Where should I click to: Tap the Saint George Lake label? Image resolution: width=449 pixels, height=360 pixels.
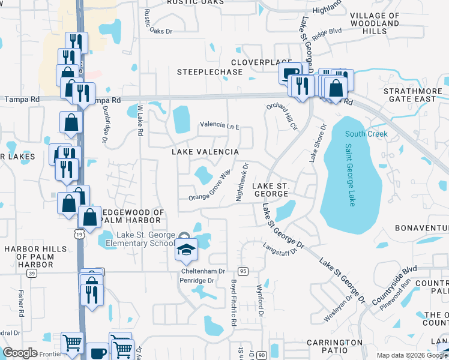pyautogui.click(x=350, y=175)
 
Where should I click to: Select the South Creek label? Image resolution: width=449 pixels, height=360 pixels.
pyautogui.click(x=366, y=134)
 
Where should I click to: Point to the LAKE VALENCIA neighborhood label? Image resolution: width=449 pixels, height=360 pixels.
pyautogui.click(x=205, y=152)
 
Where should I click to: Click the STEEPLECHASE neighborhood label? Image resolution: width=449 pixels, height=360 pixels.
pyautogui.click(x=209, y=72)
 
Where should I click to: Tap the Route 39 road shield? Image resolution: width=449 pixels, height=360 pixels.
pyautogui.click(x=31, y=273)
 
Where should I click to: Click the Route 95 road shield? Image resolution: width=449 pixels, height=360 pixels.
pyautogui.click(x=243, y=271)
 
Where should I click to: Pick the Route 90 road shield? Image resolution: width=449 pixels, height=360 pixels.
pyautogui.click(x=262, y=355)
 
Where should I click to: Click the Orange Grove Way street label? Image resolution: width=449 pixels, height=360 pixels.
pyautogui.click(x=209, y=187)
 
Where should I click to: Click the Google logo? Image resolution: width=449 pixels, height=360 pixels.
pyautogui.click(x=20, y=353)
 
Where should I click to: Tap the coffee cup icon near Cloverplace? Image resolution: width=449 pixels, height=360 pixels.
pyautogui.click(x=290, y=73)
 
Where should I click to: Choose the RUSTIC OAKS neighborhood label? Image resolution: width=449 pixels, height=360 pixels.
pyautogui.click(x=195, y=2)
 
